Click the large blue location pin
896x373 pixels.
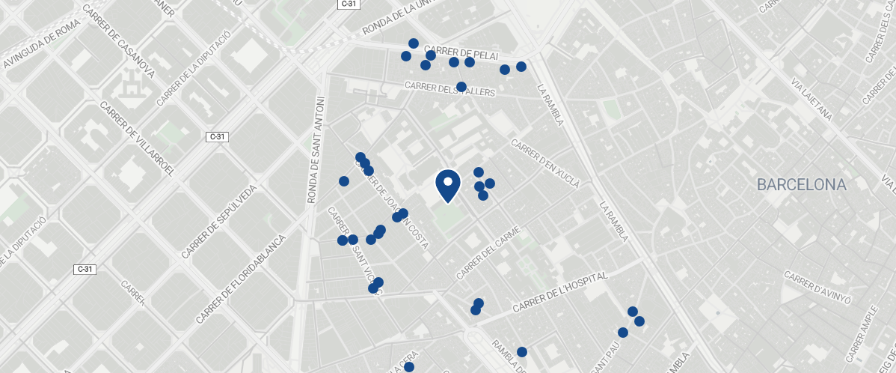point(447,184)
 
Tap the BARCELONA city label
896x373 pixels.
point(801,184)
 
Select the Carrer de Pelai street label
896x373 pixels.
point(465,53)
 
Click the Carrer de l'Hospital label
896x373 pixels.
point(561,292)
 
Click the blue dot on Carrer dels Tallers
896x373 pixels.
point(461,87)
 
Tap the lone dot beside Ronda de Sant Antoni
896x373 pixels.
point(344,181)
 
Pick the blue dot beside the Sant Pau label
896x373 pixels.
point(622,333)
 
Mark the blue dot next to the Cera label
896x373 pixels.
point(409,367)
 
